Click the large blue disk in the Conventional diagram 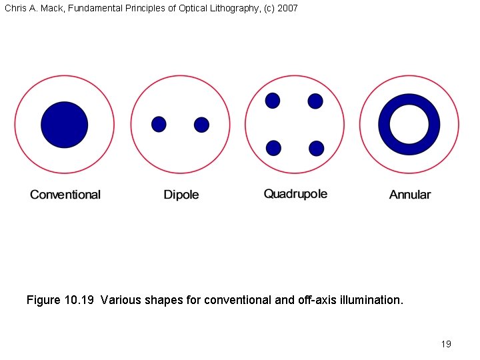point(65,125)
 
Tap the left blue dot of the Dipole point(159,124)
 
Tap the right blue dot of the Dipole point(201,125)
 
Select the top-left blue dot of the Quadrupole point(273,101)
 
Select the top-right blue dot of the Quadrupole point(315,101)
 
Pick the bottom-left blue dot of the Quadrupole point(273,148)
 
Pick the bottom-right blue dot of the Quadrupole point(317,149)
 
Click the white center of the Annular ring point(409,125)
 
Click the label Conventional point(65,195)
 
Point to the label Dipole point(181,195)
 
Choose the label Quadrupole point(295,194)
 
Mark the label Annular point(410,195)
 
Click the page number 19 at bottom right point(446,344)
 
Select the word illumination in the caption point(371,300)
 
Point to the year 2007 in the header point(287,8)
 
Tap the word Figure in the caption point(43,300)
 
